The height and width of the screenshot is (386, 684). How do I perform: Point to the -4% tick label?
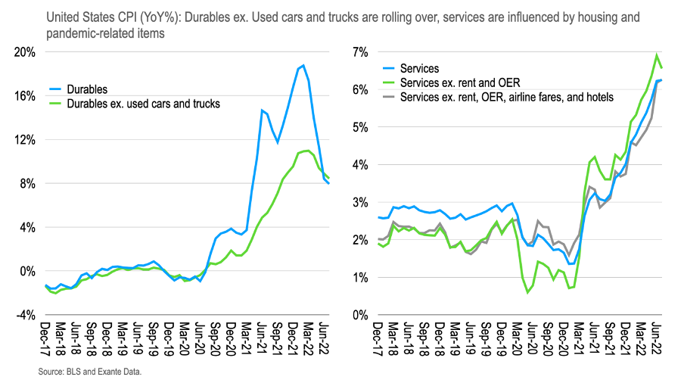click(x=23, y=315)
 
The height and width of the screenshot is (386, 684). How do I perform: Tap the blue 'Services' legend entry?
click(x=418, y=69)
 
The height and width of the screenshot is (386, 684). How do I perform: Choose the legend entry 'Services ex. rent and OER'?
click(x=459, y=82)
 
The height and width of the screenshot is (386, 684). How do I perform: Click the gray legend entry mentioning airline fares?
click(x=506, y=97)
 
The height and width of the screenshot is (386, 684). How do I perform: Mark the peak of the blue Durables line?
click(x=303, y=65)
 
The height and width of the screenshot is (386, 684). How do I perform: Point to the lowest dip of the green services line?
click(x=527, y=292)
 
